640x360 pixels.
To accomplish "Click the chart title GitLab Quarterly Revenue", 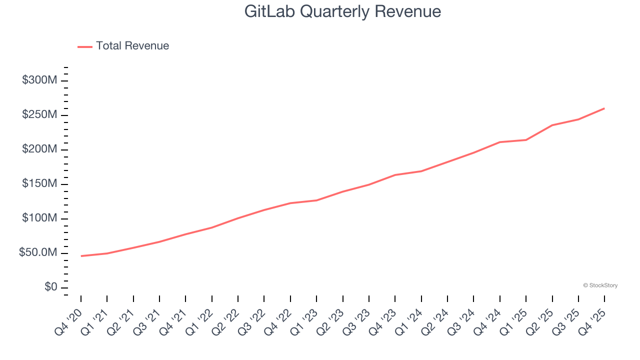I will click(x=342, y=11).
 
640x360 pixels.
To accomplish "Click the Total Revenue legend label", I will click(x=132, y=46).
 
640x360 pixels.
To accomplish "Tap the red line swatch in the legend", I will click(x=85, y=46).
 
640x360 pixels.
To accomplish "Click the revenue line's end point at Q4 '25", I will click(x=604, y=108).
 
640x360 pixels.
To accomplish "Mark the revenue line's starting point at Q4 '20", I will click(x=81, y=256).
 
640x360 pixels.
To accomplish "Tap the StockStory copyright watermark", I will click(x=600, y=285).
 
